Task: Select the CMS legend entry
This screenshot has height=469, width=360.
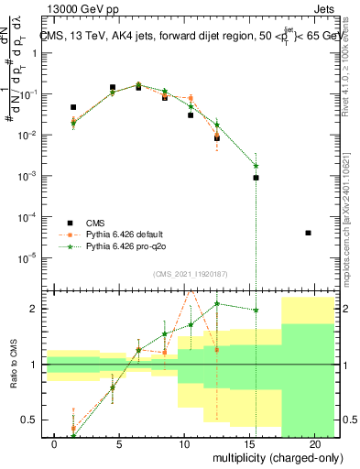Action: coord(95,223)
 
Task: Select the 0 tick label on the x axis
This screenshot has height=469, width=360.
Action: coord(55,444)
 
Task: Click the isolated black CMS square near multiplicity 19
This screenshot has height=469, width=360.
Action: coord(309,233)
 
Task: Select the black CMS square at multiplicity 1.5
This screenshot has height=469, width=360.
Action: coord(73,107)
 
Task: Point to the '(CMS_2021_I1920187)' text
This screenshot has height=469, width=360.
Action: coord(190,274)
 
